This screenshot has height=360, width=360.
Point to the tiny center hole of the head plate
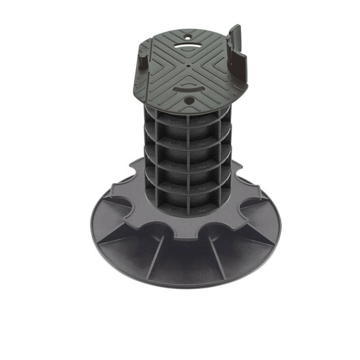click(x=188, y=65)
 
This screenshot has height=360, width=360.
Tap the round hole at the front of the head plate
click(x=189, y=102)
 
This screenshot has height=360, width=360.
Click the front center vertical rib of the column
click(x=188, y=163)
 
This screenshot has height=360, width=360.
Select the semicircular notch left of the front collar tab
click(x=156, y=228)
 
